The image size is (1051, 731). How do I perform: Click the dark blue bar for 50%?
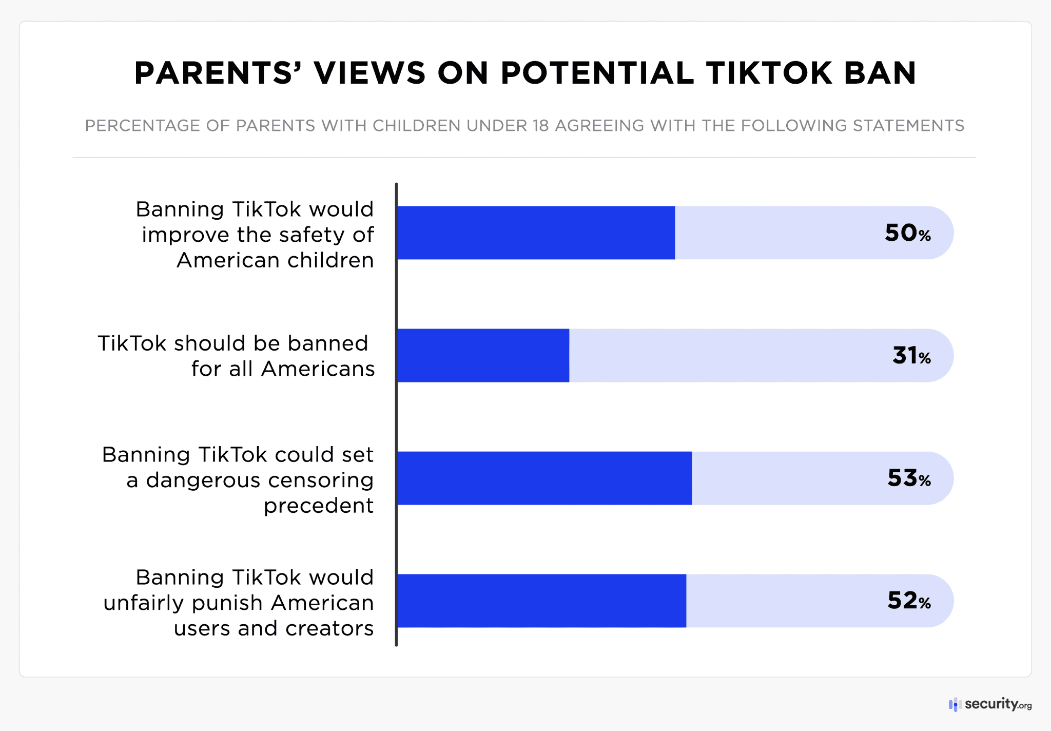(536, 233)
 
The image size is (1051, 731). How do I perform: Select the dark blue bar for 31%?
(483, 355)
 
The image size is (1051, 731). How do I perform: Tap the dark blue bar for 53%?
(544, 478)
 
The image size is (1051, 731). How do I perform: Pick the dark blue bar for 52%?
(541, 601)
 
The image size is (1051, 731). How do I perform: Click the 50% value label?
(907, 233)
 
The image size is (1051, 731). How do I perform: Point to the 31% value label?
(911, 356)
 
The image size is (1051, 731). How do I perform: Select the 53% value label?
(908, 478)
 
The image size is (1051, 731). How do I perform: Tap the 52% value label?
(908, 601)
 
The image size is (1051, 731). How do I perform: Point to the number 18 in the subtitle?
(540, 126)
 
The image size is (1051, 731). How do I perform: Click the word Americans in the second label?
(318, 369)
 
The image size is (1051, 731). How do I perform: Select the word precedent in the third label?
(318, 506)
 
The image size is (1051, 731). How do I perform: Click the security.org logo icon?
(953, 704)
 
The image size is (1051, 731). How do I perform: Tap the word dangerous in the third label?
(203, 480)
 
